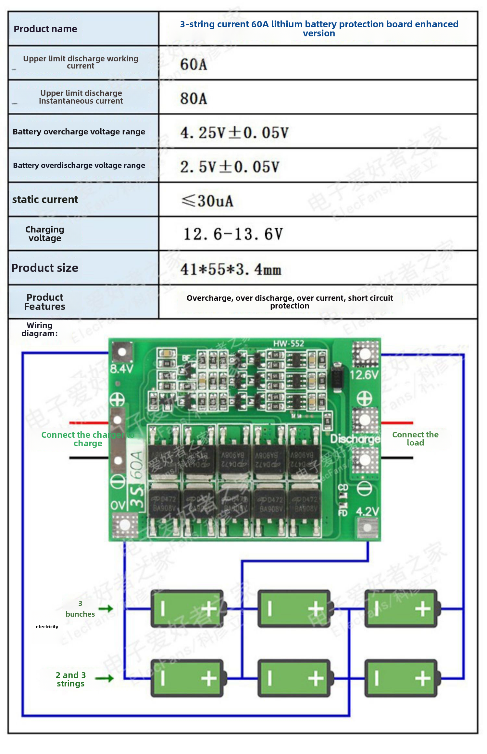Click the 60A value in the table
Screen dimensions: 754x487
coord(194,64)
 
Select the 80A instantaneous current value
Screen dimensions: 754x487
coord(194,98)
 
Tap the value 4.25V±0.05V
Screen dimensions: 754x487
coord(234,133)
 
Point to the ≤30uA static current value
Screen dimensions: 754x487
coord(207,201)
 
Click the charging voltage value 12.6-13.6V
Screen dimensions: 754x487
coord(233,234)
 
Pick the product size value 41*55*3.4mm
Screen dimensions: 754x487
coord(231,269)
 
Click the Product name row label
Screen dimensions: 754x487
coord(45,29)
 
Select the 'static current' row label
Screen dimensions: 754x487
coord(45,199)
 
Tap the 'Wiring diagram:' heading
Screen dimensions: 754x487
coord(40,329)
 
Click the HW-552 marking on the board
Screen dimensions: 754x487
coord(288,344)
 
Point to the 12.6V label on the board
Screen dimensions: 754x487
coord(364,375)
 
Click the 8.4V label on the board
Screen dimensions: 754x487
coord(121,369)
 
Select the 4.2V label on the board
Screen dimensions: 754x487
coord(367,512)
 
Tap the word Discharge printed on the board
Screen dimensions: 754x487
coord(355,439)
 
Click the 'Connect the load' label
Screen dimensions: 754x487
coord(415,439)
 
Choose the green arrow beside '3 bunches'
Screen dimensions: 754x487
coord(106,609)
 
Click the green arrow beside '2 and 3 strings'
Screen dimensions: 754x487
coord(104,678)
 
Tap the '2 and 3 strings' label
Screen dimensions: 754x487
coord(71,679)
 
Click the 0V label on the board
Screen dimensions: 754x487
coord(117,506)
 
